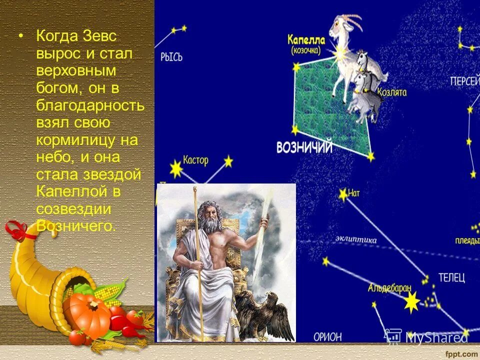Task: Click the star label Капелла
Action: click(306, 40)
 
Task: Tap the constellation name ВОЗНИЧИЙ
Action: click(304, 147)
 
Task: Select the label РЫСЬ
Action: click(171, 57)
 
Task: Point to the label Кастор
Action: click(195, 160)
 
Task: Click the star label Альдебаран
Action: click(389, 288)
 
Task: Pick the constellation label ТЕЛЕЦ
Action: click(451, 277)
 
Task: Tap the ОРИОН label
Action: click(327, 336)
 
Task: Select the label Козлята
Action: click(391, 92)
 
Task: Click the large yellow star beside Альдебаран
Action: click(412, 301)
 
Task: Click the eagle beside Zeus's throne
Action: click(267, 312)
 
